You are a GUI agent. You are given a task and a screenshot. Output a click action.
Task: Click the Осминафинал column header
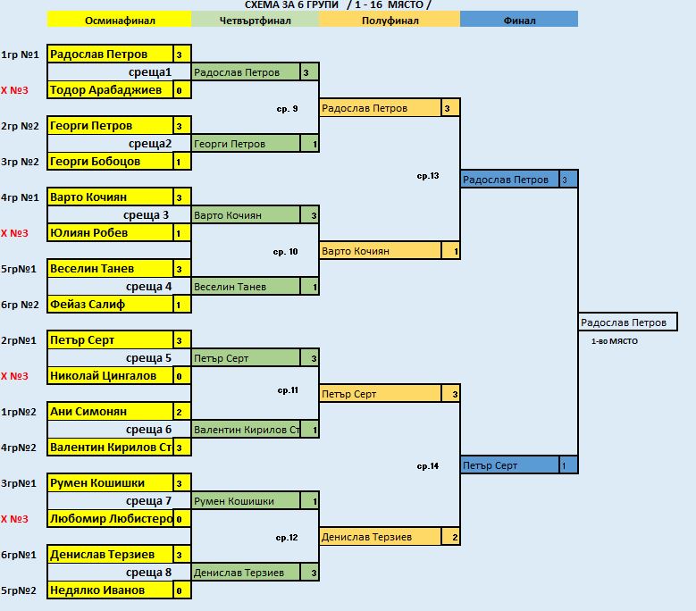click(120, 20)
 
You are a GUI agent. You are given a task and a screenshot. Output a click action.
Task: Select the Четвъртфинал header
click(256, 20)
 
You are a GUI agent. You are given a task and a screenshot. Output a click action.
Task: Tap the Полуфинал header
click(390, 20)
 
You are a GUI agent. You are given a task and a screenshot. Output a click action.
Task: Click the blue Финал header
click(519, 20)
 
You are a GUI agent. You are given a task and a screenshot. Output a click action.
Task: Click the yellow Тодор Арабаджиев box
click(110, 90)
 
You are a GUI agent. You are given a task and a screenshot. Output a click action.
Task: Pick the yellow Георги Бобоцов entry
click(110, 162)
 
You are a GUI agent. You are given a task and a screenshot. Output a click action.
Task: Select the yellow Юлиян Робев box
click(110, 233)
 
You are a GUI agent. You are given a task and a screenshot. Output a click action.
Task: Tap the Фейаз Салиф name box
click(110, 305)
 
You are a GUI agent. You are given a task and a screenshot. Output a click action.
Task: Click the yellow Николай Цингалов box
click(110, 376)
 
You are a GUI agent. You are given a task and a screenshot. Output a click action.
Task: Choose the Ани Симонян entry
click(110, 412)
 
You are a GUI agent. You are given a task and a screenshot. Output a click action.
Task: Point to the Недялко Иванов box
click(110, 590)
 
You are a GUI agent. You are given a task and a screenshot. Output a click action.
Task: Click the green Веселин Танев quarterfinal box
click(246, 287)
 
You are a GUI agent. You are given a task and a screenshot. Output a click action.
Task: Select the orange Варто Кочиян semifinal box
click(381, 251)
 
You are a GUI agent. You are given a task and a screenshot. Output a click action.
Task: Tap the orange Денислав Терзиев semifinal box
click(381, 537)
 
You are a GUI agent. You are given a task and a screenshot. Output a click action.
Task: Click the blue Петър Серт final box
click(510, 465)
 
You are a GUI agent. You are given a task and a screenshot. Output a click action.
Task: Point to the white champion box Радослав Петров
click(627, 322)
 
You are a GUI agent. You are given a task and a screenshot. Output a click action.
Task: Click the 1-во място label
click(615, 341)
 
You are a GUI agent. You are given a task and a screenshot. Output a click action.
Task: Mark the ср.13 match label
click(428, 176)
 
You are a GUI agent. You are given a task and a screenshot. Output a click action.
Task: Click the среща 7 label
click(148, 501)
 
